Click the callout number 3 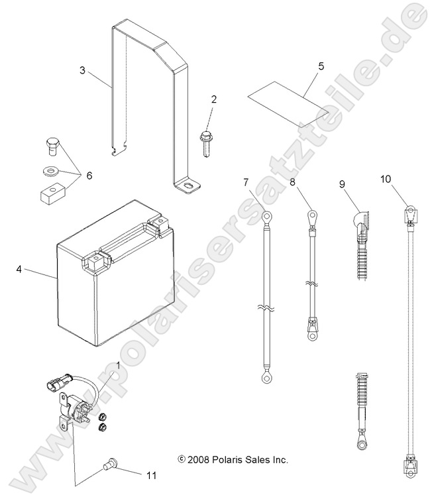click(x=82, y=70)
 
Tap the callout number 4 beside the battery click(x=19, y=270)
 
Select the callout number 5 click(x=321, y=66)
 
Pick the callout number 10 click(x=386, y=179)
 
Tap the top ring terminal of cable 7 click(x=265, y=215)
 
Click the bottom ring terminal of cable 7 click(x=266, y=378)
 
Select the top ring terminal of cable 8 click(x=310, y=215)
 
